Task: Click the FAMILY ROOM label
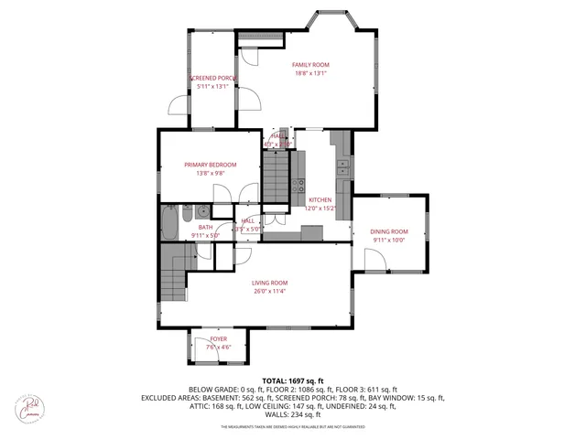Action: [x=310, y=65]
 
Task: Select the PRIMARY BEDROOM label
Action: [x=204, y=165]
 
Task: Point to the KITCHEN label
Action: [x=320, y=199]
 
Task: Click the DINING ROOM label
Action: [x=388, y=231]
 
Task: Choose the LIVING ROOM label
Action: [x=270, y=283]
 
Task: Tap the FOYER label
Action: [x=218, y=338]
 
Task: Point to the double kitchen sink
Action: [x=342, y=167]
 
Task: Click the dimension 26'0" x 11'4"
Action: [x=270, y=292]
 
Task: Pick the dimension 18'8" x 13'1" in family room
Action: [x=310, y=74]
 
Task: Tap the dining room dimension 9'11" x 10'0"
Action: [x=388, y=241]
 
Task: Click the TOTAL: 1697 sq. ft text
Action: [x=293, y=380]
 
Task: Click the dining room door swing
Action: [x=374, y=261]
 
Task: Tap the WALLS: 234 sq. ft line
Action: [x=293, y=415]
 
